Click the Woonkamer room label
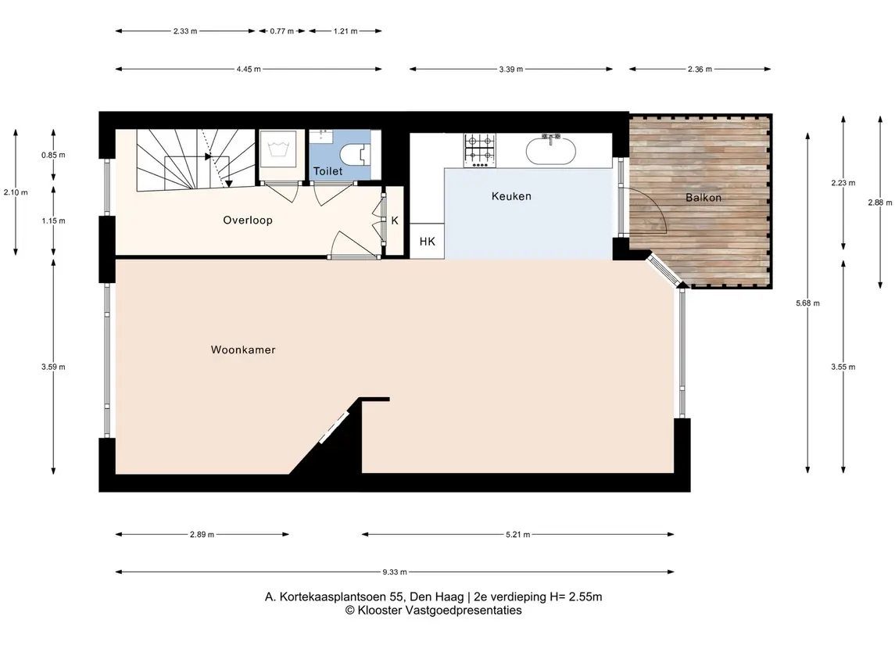pyautogui.click(x=243, y=350)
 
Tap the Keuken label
pyautogui.click(x=511, y=196)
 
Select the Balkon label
pyautogui.click(x=703, y=198)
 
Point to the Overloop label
pyautogui.click(x=248, y=220)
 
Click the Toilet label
pyautogui.click(x=328, y=171)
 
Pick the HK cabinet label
pyautogui.click(x=428, y=242)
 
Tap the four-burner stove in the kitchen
pyautogui.click(x=479, y=151)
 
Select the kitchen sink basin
pyautogui.click(x=551, y=149)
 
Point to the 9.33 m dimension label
pyautogui.click(x=395, y=572)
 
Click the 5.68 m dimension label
pyautogui.click(x=807, y=303)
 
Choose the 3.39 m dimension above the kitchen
pyautogui.click(x=511, y=70)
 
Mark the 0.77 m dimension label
pyautogui.click(x=282, y=31)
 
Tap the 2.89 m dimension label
pyautogui.click(x=202, y=535)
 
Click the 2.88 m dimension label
pyautogui.click(x=879, y=202)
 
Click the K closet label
pyautogui.click(x=395, y=220)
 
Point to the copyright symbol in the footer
pyautogui.click(x=350, y=611)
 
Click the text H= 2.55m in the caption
pyautogui.click(x=576, y=597)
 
